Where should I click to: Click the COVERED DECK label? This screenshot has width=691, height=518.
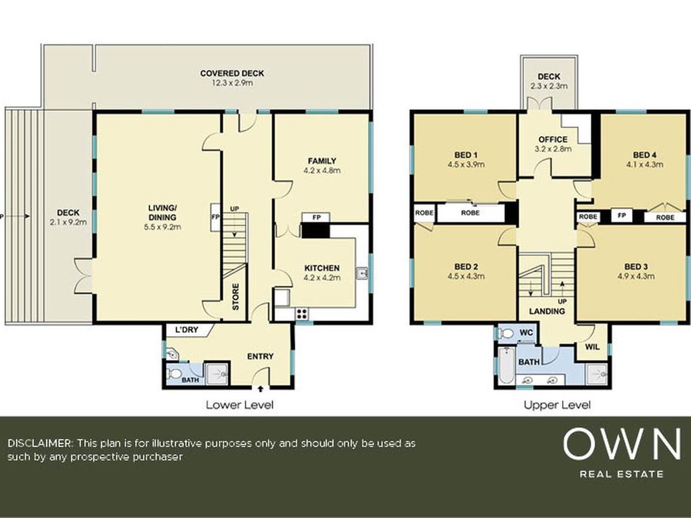click(x=232, y=74)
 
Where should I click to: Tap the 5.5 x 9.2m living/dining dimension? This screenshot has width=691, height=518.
click(x=163, y=227)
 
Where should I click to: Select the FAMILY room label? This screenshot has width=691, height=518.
click(x=322, y=161)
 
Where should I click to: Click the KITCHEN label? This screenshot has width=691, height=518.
click(x=322, y=268)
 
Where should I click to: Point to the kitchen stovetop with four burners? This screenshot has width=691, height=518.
click(x=302, y=313)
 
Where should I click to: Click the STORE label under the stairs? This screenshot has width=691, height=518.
click(x=235, y=297)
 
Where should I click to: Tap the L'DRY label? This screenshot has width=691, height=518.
click(x=187, y=330)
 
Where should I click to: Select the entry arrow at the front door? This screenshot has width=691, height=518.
click(x=260, y=388)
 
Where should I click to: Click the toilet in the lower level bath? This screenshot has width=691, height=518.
click(x=174, y=374)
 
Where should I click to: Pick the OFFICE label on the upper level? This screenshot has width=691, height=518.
click(x=552, y=140)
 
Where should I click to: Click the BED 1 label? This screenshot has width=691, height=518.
click(x=466, y=155)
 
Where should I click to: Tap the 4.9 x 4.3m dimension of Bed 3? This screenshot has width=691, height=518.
click(x=636, y=276)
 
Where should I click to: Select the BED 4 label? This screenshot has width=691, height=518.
click(x=644, y=155)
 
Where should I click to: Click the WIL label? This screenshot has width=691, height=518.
click(x=593, y=347)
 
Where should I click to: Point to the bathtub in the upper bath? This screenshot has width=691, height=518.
click(x=506, y=365)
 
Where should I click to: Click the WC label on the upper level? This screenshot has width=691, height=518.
click(x=526, y=333)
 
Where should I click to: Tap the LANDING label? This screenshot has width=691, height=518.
click(x=547, y=311)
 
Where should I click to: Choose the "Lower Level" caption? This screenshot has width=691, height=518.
click(x=240, y=405)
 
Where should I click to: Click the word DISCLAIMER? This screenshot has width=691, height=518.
click(x=40, y=443)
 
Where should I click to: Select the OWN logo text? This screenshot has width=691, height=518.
click(x=621, y=444)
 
